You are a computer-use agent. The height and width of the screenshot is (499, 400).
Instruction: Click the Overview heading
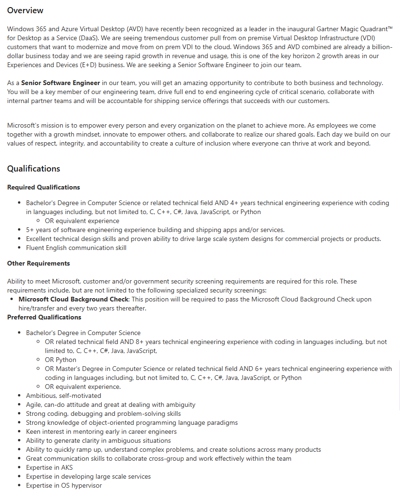pyautogui.click(x=25, y=10)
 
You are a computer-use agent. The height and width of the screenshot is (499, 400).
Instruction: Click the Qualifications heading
pyautogui.click(x=34, y=169)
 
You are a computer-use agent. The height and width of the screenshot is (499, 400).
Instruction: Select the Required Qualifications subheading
pyautogui.click(x=43, y=187)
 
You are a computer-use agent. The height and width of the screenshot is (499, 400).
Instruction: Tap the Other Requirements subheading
pyautogui.click(x=38, y=263)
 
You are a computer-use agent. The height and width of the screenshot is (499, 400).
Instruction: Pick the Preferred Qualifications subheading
pyautogui.click(x=44, y=317)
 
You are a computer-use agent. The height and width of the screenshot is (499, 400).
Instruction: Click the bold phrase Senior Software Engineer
pyautogui.click(x=61, y=83)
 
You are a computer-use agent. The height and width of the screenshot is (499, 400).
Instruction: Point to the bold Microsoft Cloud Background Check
pyautogui.click(x=73, y=299)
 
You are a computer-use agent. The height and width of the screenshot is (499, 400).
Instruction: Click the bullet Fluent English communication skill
pyautogui.click(x=76, y=248)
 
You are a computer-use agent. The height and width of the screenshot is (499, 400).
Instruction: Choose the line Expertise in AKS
pyautogui.click(x=46, y=467)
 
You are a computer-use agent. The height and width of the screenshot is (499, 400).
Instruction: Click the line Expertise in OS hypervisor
pyautogui.click(x=64, y=485)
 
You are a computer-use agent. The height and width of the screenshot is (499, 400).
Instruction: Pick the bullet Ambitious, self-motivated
pyautogui.click(x=63, y=396)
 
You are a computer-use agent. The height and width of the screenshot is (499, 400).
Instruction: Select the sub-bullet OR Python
pyautogui.click(x=60, y=360)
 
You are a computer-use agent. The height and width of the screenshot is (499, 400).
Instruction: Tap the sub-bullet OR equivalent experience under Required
pyautogui.click(x=82, y=221)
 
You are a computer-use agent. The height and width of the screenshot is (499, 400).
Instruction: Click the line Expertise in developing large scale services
pyautogui.click(x=88, y=476)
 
